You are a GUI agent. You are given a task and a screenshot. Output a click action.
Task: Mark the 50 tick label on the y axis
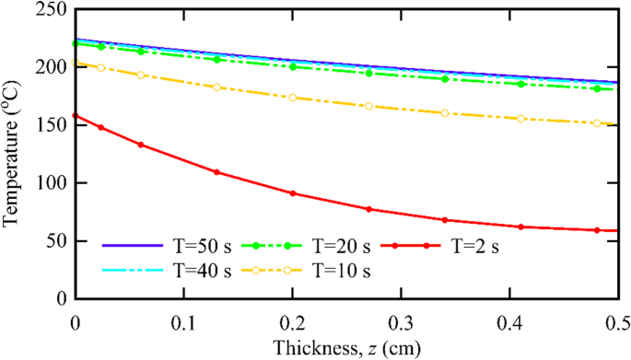56,241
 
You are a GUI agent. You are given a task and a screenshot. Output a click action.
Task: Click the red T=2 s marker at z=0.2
292,193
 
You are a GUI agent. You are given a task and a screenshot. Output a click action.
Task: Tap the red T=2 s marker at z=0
75,116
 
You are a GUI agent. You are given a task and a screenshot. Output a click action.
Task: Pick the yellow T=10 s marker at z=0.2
292,98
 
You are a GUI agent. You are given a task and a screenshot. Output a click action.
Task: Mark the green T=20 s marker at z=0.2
292,66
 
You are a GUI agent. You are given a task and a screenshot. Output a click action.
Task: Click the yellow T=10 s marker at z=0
75,63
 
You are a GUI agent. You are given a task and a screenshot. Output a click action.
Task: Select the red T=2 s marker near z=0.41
520,226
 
